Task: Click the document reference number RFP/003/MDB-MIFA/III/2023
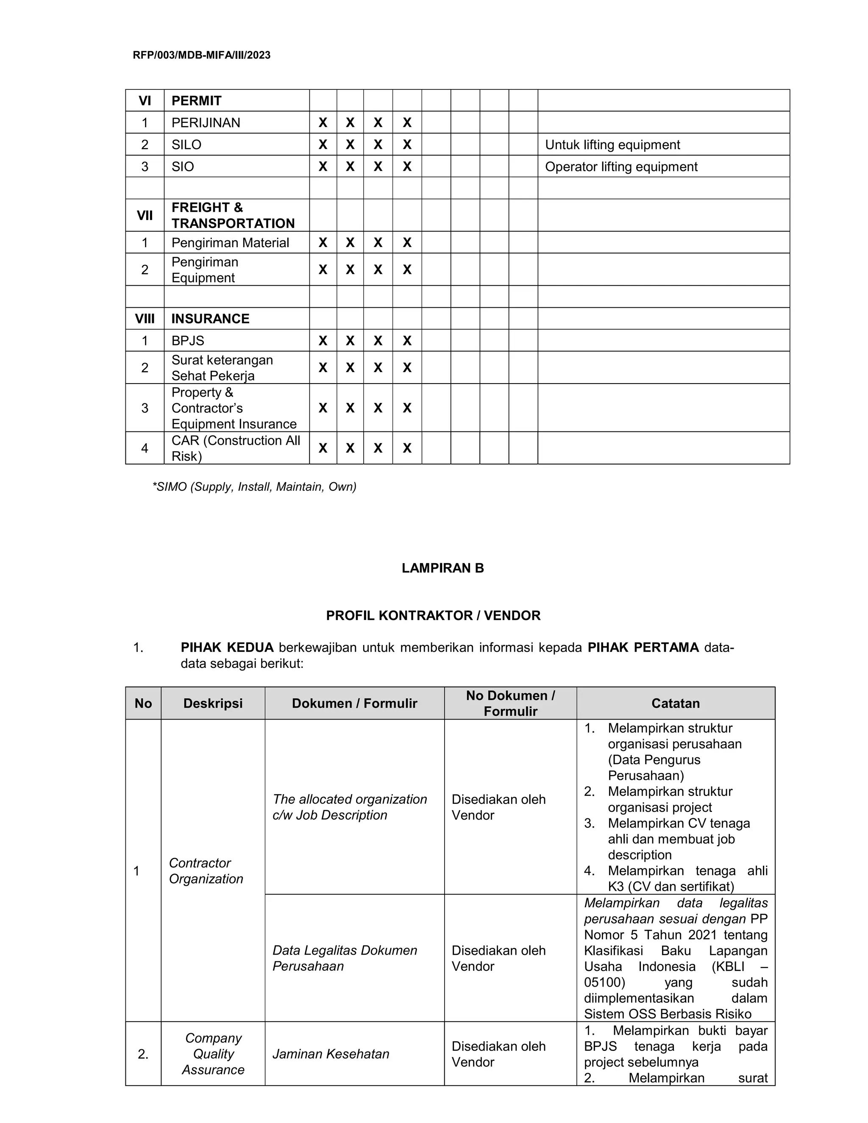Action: (202, 55)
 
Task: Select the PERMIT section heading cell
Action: (196, 101)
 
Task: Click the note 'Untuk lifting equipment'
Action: (612, 145)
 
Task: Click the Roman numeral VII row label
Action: (145, 215)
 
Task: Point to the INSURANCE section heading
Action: (210, 319)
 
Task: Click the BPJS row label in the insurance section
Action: (188, 341)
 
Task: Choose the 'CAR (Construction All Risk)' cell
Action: (236, 448)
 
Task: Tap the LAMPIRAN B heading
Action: (443, 568)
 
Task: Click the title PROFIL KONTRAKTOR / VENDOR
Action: (433, 615)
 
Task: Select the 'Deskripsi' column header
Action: (213, 703)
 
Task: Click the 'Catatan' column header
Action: (675, 703)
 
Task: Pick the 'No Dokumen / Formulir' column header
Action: (510, 703)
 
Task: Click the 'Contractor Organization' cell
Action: (206, 870)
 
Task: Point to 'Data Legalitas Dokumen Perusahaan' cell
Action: (345, 958)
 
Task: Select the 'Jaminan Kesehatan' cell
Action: (331, 1054)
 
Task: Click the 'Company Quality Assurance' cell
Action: (213, 1054)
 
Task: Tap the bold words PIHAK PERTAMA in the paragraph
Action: (643, 648)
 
